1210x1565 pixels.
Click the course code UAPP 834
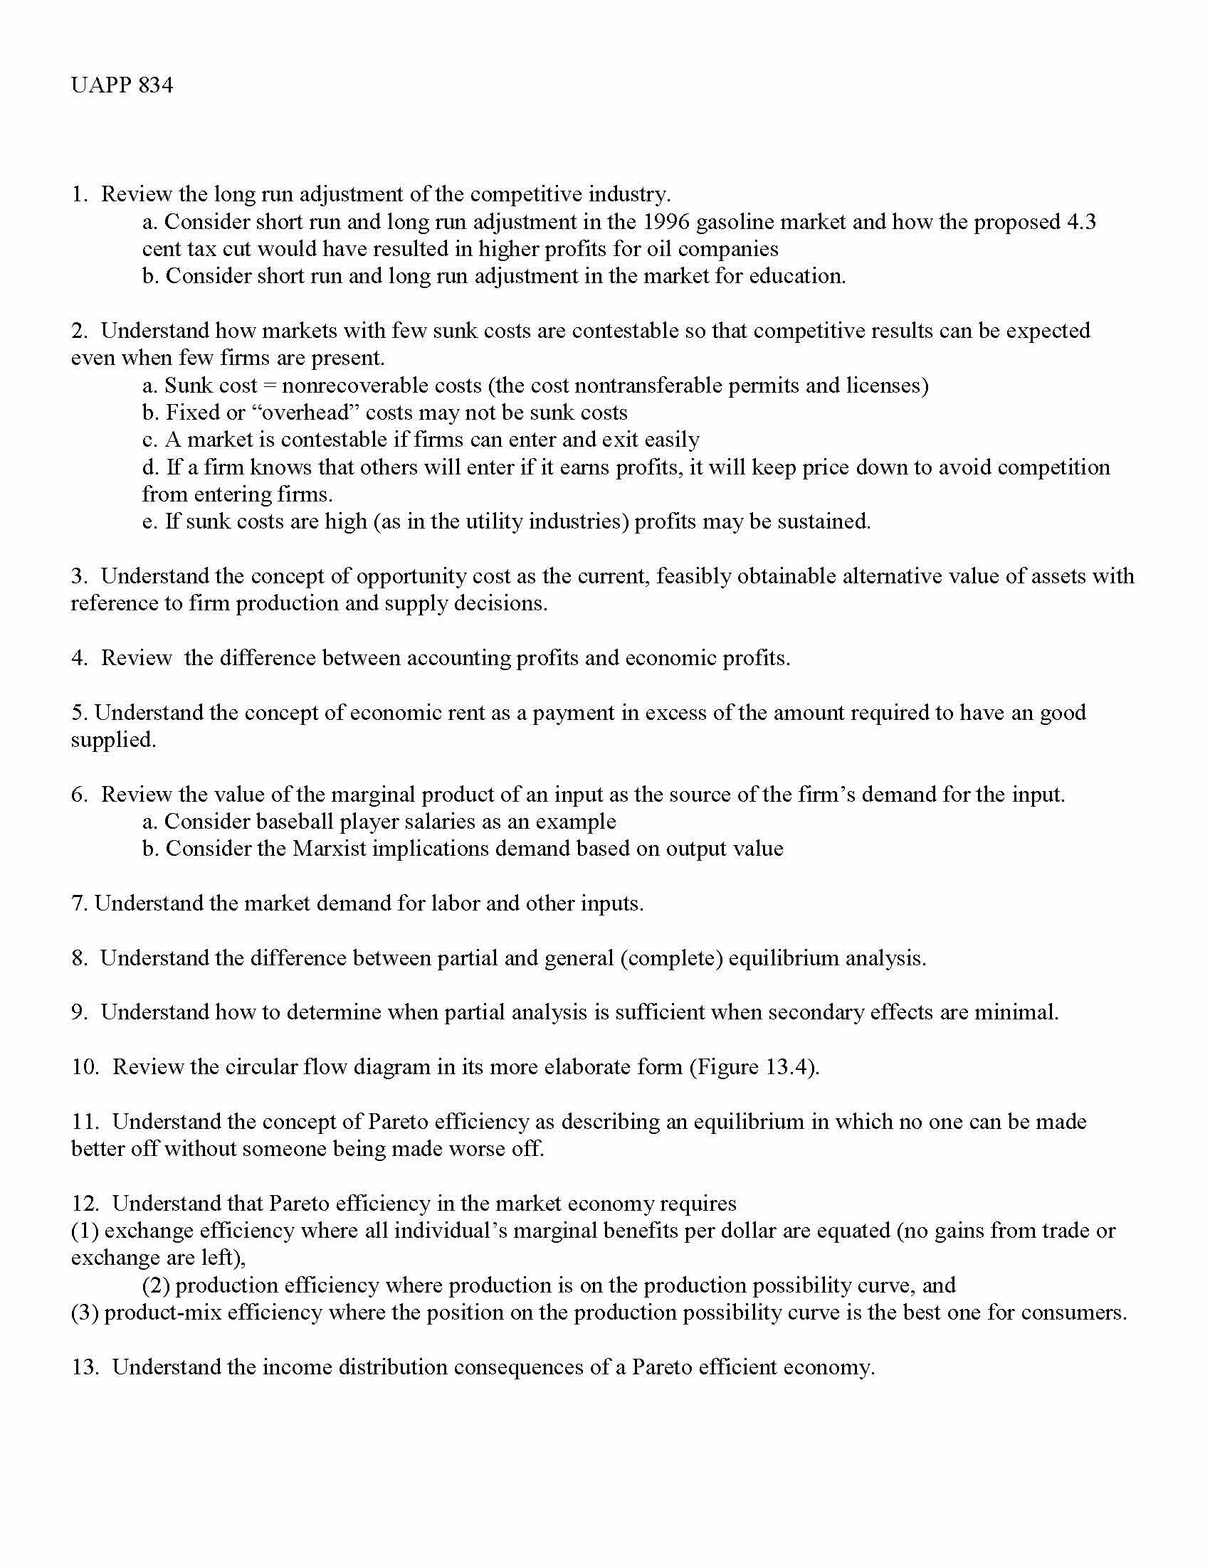point(122,85)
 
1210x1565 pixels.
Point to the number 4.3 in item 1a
point(1082,221)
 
